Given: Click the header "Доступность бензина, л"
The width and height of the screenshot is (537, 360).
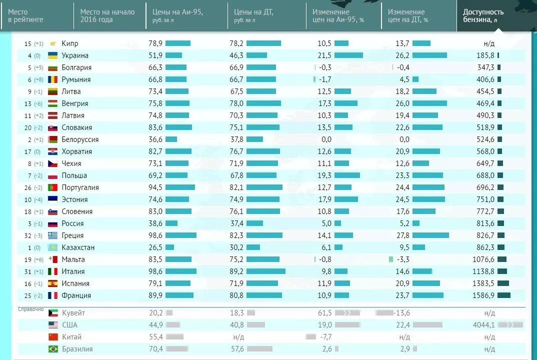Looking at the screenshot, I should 483,15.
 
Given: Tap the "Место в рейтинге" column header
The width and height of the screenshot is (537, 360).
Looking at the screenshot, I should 25,15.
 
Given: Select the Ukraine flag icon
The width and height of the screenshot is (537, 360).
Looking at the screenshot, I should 52,55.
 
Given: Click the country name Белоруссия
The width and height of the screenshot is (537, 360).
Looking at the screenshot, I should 80,139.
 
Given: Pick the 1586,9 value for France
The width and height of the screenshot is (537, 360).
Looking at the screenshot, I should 483,295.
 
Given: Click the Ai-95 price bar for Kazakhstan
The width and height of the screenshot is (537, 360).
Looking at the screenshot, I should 169,247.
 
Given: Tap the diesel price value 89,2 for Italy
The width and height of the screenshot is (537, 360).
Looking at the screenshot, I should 236,271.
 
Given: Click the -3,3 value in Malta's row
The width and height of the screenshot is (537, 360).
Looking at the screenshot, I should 403,259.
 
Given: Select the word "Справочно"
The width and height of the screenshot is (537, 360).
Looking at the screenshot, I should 31,309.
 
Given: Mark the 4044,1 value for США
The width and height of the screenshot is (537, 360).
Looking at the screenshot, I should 483,325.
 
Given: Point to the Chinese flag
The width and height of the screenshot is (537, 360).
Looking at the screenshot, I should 53,337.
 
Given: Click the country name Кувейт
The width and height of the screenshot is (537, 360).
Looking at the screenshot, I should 73,313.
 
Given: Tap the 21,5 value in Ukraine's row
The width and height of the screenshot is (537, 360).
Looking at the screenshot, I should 324,55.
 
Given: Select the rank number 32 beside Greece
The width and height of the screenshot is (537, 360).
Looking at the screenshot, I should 28,235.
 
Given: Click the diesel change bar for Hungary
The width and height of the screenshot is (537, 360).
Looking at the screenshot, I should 429,103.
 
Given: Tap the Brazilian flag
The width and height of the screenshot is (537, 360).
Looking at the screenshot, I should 53,349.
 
